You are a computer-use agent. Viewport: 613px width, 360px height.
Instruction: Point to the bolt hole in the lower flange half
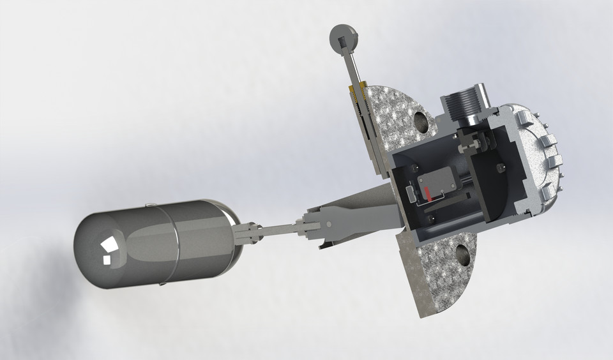462,258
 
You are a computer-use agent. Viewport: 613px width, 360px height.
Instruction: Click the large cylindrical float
160,243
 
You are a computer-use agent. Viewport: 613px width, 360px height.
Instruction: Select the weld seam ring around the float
171,243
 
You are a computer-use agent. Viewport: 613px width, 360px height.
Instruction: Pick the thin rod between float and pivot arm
278,229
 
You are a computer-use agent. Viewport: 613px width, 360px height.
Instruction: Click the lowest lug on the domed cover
545,192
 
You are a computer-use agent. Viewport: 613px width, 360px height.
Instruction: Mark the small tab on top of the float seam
148,205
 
